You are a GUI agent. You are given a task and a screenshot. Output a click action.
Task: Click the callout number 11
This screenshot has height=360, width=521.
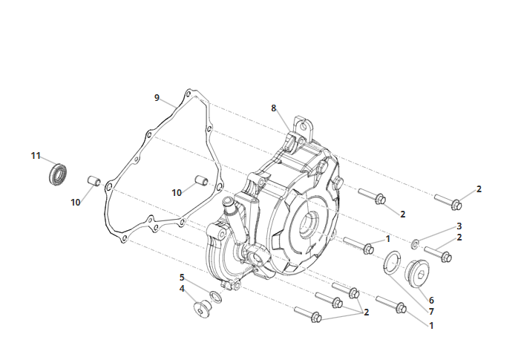pyautogui.click(x=36, y=156)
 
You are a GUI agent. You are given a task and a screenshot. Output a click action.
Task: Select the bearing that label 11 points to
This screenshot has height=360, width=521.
pyautogui.click(x=58, y=174)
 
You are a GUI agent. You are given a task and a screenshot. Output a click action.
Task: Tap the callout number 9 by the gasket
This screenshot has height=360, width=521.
pyautogui.click(x=157, y=98)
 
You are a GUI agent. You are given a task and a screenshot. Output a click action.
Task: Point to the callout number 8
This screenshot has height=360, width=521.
pyautogui.click(x=273, y=108)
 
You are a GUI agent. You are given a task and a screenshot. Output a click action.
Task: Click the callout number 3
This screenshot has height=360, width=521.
pyautogui.click(x=459, y=226)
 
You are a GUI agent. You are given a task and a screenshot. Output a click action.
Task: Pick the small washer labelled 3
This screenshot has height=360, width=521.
pyautogui.click(x=415, y=244)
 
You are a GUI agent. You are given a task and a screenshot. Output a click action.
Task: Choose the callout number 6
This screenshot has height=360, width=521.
pyautogui.click(x=431, y=300)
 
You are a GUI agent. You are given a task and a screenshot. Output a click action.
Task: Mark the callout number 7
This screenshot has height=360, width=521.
pyautogui.click(x=431, y=312)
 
